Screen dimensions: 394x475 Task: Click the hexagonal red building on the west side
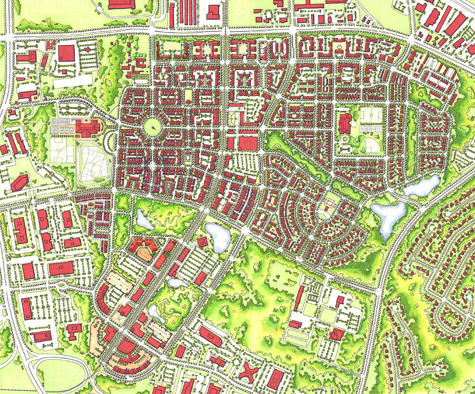click(x=19, y=183)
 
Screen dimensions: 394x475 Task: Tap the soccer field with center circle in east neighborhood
click(x=370, y=115)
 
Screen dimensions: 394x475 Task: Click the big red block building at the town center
click(x=248, y=144)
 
